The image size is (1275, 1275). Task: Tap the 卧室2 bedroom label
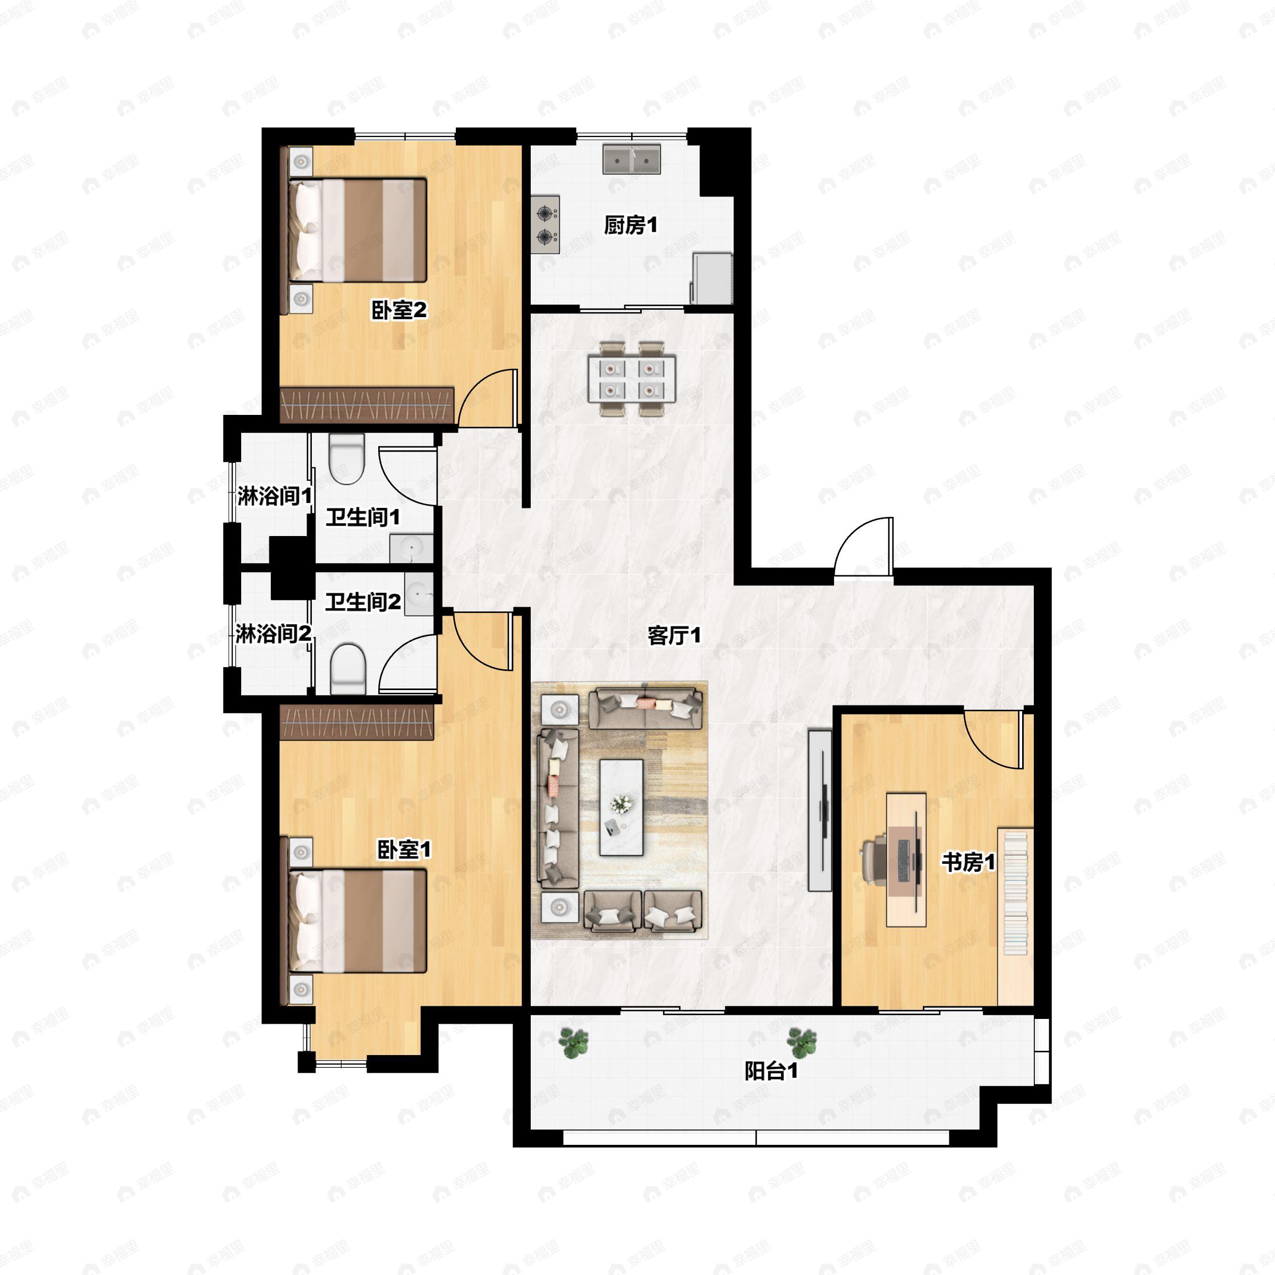[399, 310]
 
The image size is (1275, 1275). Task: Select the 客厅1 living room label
[674, 635]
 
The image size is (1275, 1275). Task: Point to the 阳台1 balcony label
[771, 1071]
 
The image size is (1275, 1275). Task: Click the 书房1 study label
[968, 862]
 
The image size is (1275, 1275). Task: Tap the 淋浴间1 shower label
[275, 496]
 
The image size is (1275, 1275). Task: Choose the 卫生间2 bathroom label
[363, 601]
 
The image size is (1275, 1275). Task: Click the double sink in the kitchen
[632, 159]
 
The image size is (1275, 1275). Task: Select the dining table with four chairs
[632, 379]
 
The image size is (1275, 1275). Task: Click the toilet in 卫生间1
[346, 458]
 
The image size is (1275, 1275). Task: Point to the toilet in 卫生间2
[348, 668]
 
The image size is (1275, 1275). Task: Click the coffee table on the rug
[621, 807]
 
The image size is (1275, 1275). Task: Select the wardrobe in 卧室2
[367, 404]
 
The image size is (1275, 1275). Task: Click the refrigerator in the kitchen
[711, 278]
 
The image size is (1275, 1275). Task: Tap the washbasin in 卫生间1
[411, 548]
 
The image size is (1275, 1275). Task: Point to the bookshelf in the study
[1015, 916]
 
